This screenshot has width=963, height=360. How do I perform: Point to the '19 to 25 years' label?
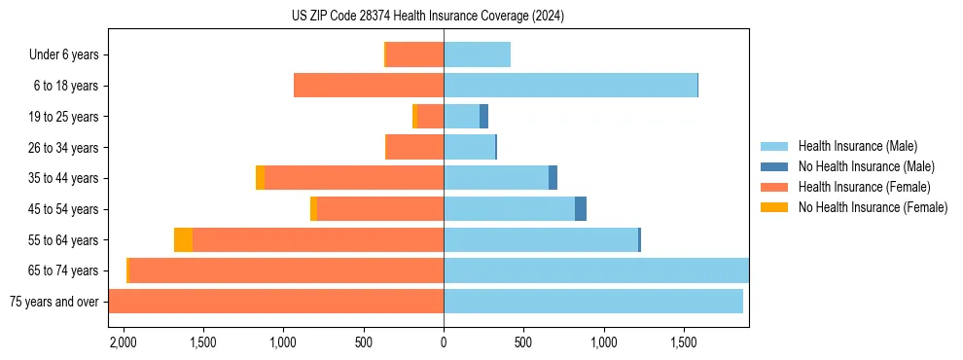[x=64, y=117]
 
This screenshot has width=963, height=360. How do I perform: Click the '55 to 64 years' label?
[x=64, y=240]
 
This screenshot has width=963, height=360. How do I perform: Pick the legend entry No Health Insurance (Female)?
[x=873, y=207]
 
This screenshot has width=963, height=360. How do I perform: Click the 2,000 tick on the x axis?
[x=123, y=342]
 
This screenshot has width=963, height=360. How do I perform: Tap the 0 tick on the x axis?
[x=444, y=342]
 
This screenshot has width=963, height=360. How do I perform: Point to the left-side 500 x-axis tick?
[x=364, y=342]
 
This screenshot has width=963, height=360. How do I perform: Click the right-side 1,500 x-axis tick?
[x=684, y=342]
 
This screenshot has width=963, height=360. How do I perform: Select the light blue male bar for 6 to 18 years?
[x=570, y=86]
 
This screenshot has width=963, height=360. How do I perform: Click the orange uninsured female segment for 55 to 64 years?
[x=183, y=239]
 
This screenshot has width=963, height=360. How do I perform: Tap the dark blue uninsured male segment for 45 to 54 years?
[x=581, y=209]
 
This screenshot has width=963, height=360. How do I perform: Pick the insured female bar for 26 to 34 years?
[x=414, y=147]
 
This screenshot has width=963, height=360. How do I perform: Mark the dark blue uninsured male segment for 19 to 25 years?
[x=483, y=117]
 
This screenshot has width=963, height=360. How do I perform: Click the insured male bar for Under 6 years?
[x=477, y=54]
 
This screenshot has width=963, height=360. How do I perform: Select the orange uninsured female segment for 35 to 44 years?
[x=260, y=178]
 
